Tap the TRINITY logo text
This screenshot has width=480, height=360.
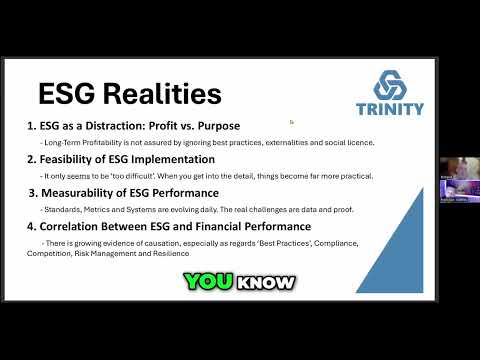pyautogui.click(x=389, y=109)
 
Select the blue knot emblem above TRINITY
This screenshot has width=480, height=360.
pyautogui.click(x=389, y=84)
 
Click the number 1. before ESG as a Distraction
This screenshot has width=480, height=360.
pyautogui.click(x=32, y=126)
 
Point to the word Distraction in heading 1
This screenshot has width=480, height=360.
pyautogui.click(x=117, y=126)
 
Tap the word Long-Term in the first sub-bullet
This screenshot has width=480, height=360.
pyautogui.click(x=60, y=142)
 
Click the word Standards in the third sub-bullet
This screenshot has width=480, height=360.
pyautogui.click(x=59, y=210)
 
